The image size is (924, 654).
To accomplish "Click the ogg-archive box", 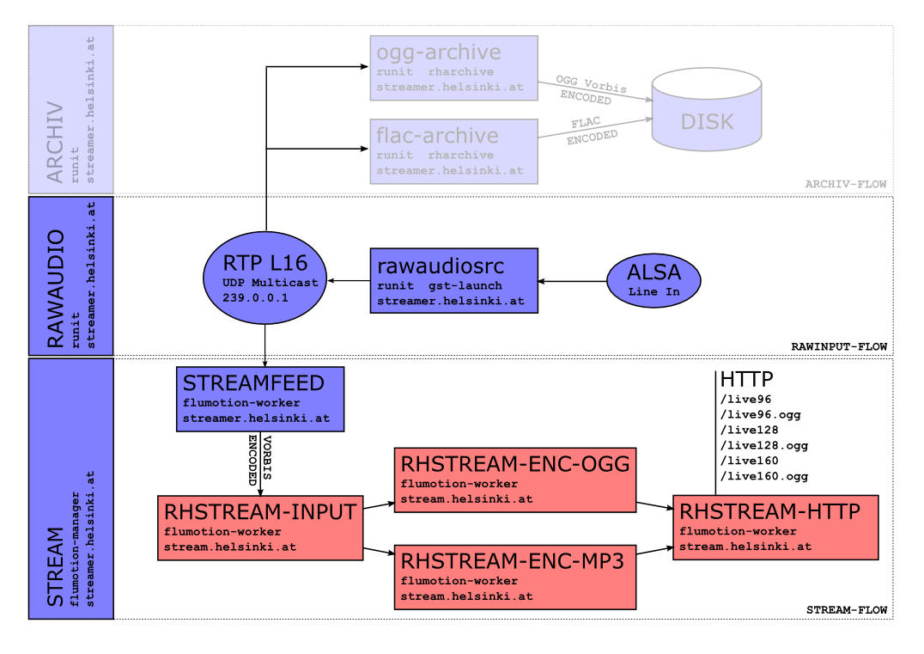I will pos(453,69).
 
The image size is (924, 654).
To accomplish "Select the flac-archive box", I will pos(453,151).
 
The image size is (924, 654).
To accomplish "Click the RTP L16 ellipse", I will pos(265,277).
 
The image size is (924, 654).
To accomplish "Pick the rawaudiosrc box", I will pos(453,280).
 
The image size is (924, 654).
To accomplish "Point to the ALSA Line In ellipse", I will pos(654,279).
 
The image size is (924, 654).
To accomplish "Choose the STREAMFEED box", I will pos(260,400).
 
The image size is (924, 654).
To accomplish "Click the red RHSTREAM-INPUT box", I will pos(260,528).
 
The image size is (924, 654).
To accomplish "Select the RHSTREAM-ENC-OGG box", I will pos(515,480).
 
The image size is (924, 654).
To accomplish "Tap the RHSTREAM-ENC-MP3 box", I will pos(515,577).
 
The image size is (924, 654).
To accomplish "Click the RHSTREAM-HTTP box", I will pos(775,528).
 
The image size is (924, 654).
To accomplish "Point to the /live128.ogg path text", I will pos(763,445).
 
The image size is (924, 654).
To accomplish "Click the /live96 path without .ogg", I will pos(744,399).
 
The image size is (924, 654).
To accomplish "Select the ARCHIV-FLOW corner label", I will pos(845,185).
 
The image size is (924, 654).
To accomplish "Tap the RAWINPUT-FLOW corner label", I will pos(838,346).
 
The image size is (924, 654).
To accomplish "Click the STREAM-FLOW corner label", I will pos(846,609).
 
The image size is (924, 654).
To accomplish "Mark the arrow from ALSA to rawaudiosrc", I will pos(572,280).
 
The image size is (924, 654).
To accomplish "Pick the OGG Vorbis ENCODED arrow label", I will pos(591,89).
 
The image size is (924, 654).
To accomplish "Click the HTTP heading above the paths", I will pos(746,379).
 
